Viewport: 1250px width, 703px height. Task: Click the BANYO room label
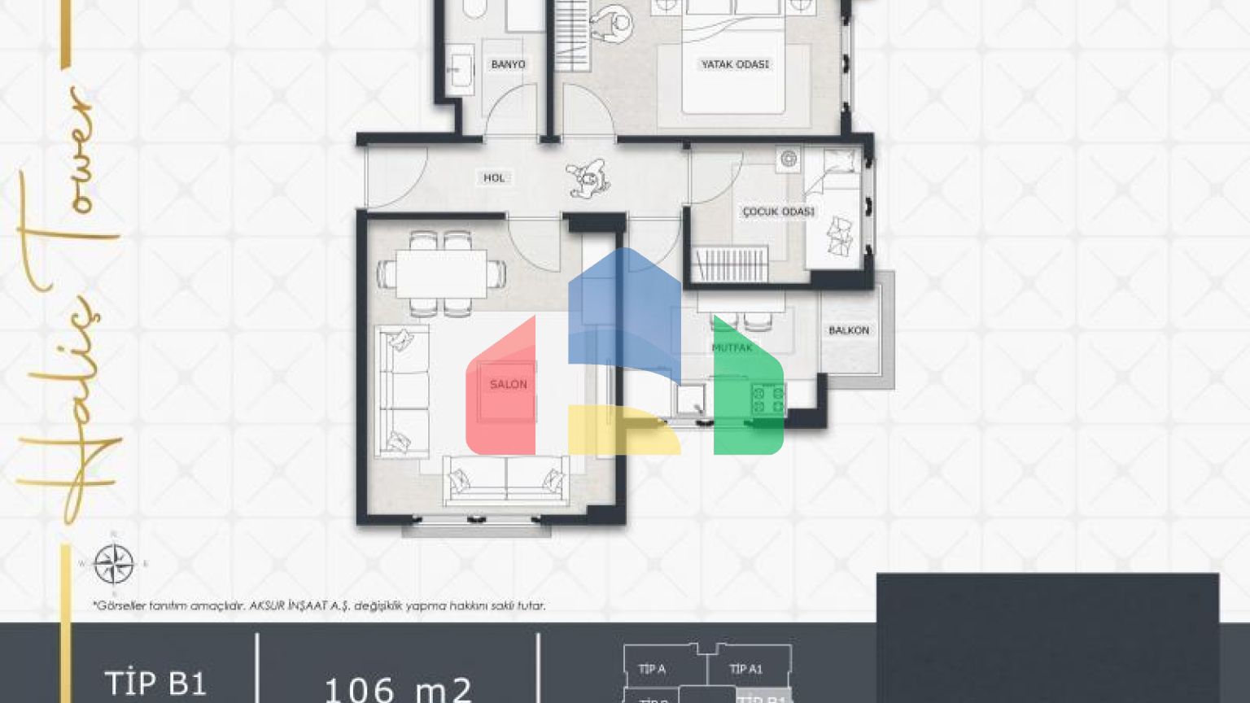pyautogui.click(x=508, y=64)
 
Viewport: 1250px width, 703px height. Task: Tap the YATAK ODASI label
pyautogui.click(x=735, y=64)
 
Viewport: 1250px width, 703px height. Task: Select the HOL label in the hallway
pyautogui.click(x=494, y=177)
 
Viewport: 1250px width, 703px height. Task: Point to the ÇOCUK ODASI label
pyautogui.click(x=778, y=212)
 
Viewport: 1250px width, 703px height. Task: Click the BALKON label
pyautogui.click(x=849, y=330)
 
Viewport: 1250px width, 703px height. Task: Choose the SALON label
pyautogui.click(x=508, y=384)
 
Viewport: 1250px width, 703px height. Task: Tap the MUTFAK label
pyautogui.click(x=732, y=348)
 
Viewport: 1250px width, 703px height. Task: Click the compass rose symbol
pyautogui.click(x=114, y=564)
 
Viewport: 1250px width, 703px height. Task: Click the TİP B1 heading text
pyautogui.click(x=155, y=683)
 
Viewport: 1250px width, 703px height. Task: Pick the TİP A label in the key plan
pyautogui.click(x=652, y=669)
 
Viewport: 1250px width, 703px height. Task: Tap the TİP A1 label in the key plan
pyautogui.click(x=745, y=669)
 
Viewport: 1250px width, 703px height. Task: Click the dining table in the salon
pyautogui.click(x=441, y=273)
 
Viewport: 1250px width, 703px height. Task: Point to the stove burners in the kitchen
pyautogui.click(x=767, y=400)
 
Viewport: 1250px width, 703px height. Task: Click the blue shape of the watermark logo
pyautogui.click(x=623, y=309)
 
